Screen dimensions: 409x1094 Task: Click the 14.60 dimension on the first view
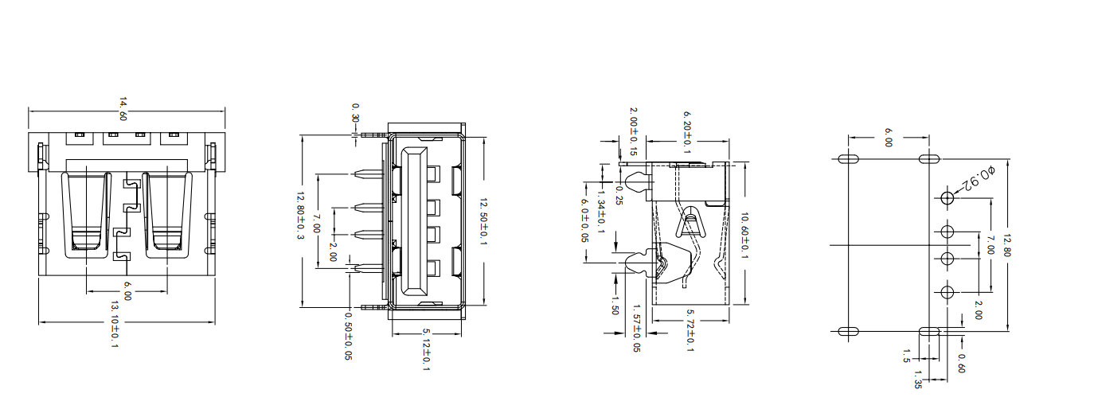pos(123,109)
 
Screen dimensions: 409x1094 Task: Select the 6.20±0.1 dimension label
pos(687,132)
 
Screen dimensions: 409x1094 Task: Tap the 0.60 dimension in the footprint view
pos(962,363)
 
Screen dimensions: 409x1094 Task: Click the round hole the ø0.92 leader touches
pos(947,198)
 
